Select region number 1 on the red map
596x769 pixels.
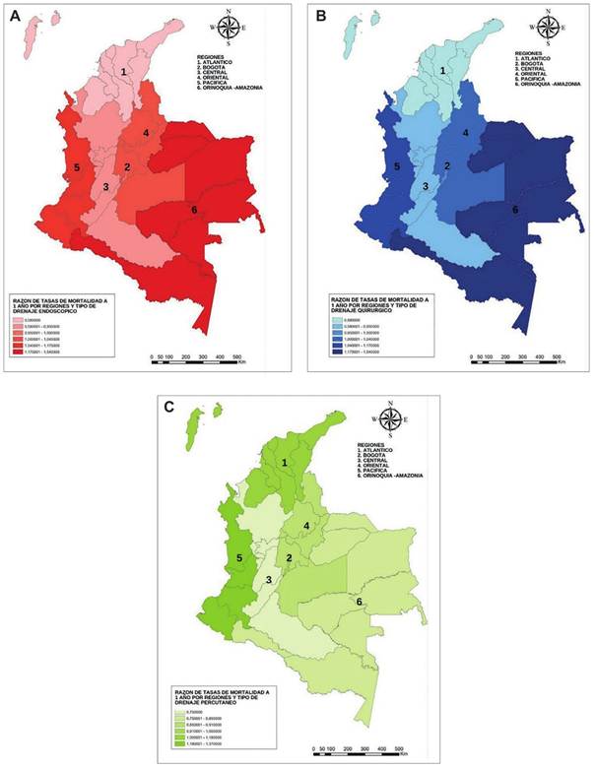[124, 72]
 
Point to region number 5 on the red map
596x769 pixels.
[76, 168]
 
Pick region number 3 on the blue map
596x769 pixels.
[426, 186]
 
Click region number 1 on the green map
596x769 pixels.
[286, 463]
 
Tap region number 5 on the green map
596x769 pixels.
[238, 559]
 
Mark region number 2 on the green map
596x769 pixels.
[289, 558]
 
